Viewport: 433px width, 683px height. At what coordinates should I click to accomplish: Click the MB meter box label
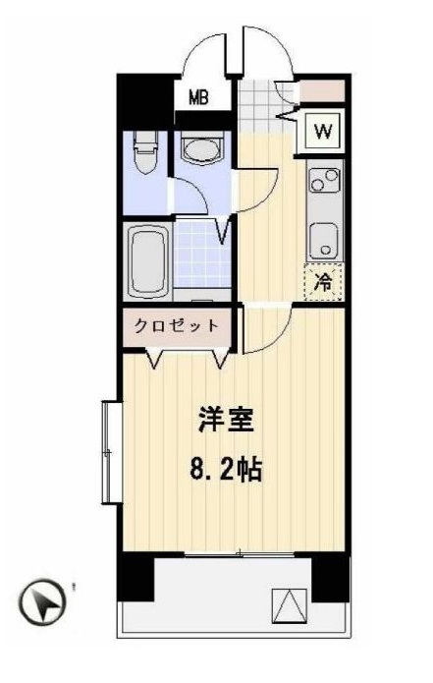pos(199,96)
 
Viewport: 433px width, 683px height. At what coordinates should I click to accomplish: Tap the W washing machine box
pos(322,130)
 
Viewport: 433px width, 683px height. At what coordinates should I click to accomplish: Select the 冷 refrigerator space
pos(323,282)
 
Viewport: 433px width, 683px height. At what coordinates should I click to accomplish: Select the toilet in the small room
pos(145,154)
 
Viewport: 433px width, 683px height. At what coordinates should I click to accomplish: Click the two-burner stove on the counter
pos(323,181)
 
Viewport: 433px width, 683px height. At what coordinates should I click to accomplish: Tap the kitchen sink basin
pos(323,240)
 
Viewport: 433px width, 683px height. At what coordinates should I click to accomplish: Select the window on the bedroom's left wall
pos(107,451)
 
